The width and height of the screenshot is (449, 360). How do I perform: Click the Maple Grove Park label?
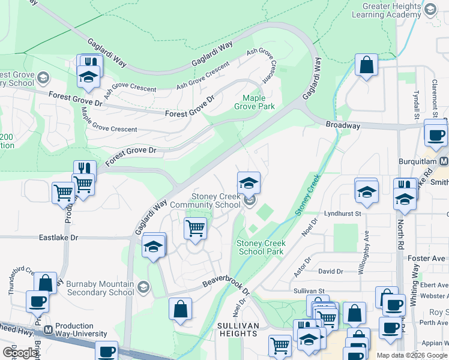[258, 102]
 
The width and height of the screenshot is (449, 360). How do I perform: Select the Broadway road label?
[343, 126]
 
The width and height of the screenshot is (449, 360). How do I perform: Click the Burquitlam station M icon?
[444, 161]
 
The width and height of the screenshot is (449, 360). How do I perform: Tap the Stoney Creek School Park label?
[261, 248]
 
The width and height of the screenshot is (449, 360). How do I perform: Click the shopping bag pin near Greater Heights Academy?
[366, 64]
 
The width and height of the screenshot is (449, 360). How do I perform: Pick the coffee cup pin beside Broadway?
[436, 134]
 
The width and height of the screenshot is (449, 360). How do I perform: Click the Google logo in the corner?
[20, 353]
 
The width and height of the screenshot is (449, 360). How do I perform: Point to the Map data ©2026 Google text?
[412, 355]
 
